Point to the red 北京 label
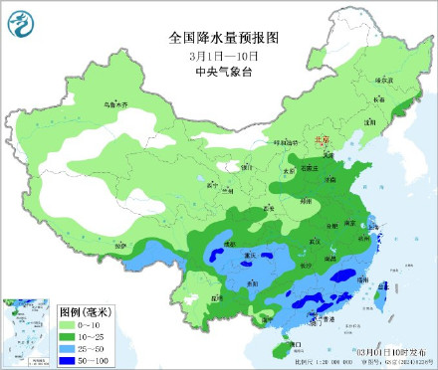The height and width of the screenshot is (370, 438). pyautogui.click(x=321, y=140)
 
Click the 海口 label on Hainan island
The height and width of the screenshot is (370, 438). pyautogui.click(x=296, y=344)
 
